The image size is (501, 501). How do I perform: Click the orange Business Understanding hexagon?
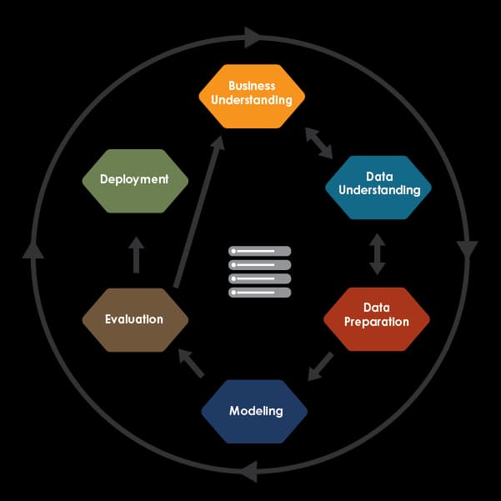point(252,96)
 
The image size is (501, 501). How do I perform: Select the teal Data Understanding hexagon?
point(378,188)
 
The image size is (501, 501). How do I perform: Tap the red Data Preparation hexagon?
point(377,319)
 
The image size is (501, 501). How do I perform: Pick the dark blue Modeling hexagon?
point(254,412)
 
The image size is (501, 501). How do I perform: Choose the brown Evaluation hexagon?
point(135,320)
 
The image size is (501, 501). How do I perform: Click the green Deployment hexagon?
point(135,181)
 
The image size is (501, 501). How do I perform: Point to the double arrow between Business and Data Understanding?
point(319,143)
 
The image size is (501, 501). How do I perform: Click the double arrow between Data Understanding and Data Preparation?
point(378,254)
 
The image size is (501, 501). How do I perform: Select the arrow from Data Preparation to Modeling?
point(320,367)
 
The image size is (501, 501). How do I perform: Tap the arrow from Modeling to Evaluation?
point(192,363)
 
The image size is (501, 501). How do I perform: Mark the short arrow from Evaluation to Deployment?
point(137,255)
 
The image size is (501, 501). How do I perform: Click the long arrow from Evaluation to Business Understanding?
point(199,212)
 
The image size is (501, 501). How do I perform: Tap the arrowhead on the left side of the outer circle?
point(33,249)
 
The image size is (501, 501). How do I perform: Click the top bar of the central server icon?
point(260,251)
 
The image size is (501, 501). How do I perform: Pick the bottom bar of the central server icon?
point(260,293)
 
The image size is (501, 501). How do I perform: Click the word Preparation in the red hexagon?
point(377,322)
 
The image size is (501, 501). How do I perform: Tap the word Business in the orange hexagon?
point(252,86)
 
